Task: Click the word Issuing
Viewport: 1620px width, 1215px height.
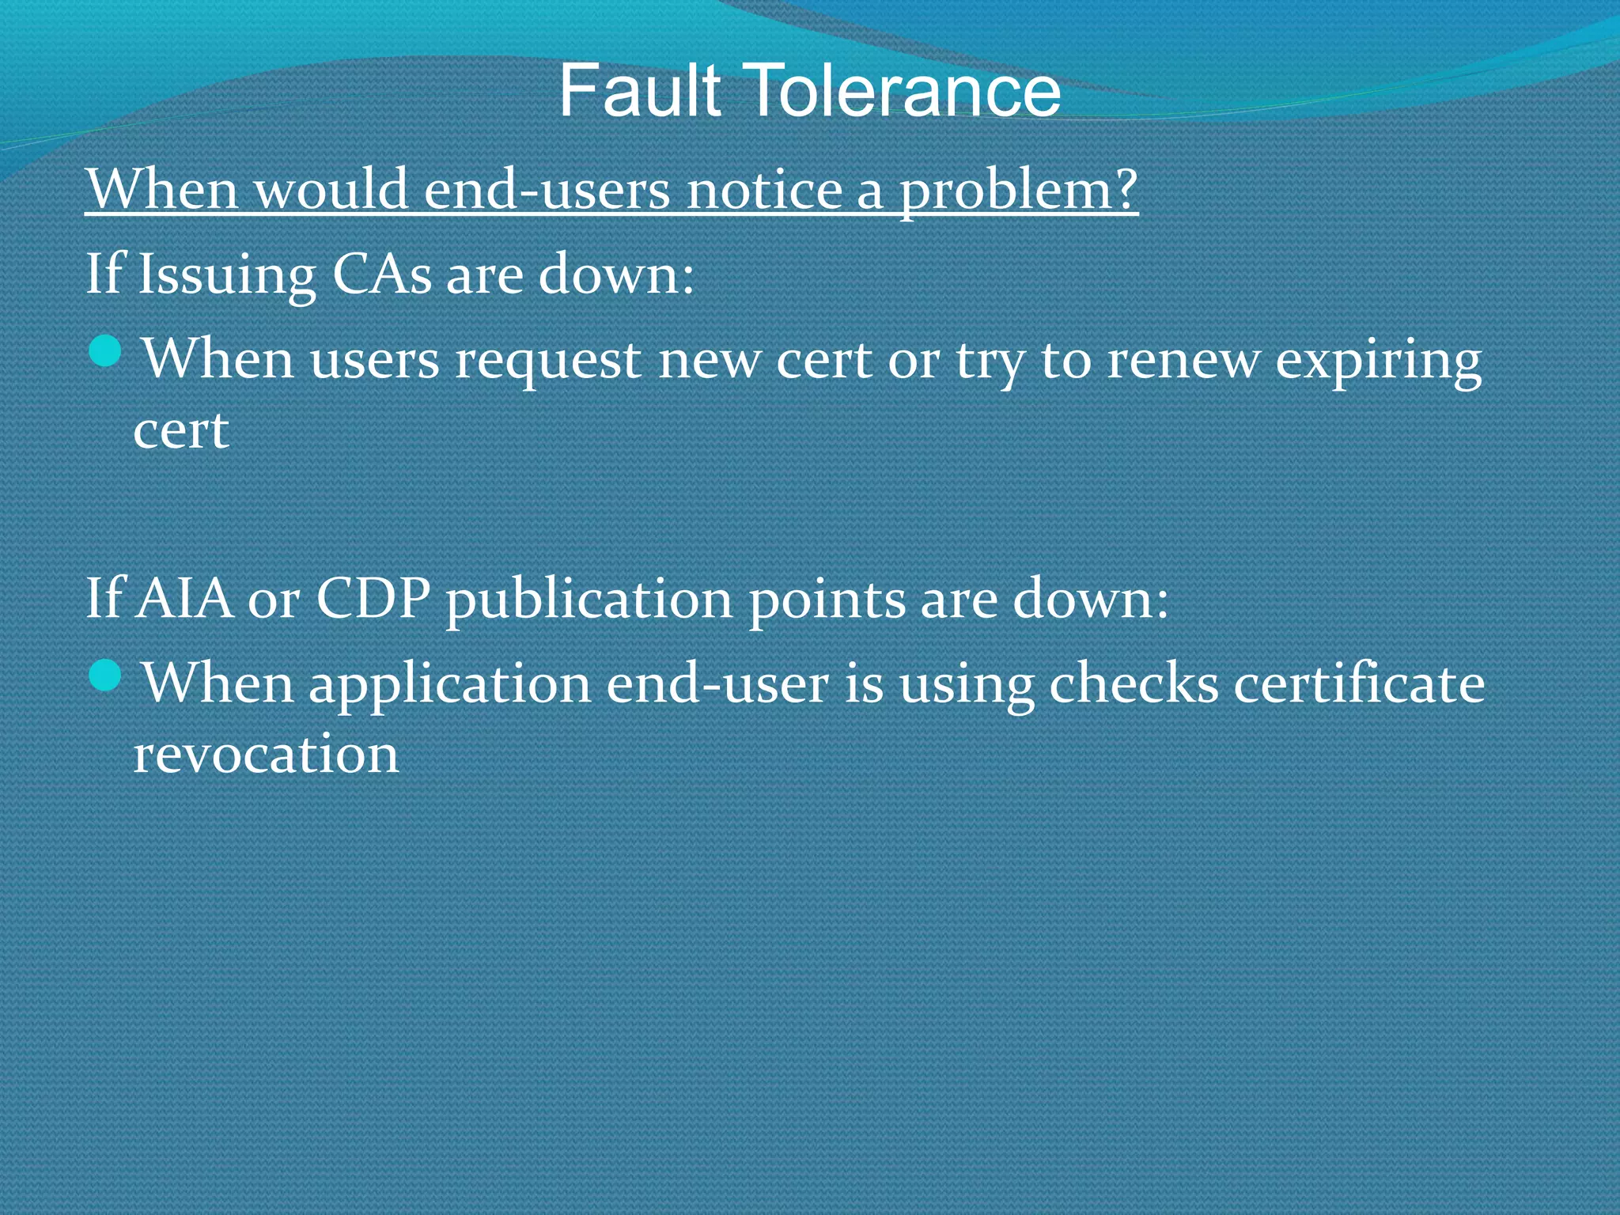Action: click(x=227, y=274)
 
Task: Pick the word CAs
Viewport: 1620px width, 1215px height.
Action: click(x=381, y=274)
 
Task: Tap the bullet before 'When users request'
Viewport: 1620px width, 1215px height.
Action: click(x=105, y=351)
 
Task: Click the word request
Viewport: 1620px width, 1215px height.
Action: click(x=547, y=361)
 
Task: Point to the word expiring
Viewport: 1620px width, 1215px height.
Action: click(x=1379, y=361)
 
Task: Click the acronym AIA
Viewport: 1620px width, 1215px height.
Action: click(x=184, y=598)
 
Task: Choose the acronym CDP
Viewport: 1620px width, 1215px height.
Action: click(x=373, y=598)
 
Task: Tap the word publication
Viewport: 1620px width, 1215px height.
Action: click(x=589, y=600)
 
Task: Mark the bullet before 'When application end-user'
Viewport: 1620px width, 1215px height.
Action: click(x=105, y=676)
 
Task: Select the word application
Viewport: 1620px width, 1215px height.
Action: click(x=449, y=685)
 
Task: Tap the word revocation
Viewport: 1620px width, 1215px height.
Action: click(x=266, y=754)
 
